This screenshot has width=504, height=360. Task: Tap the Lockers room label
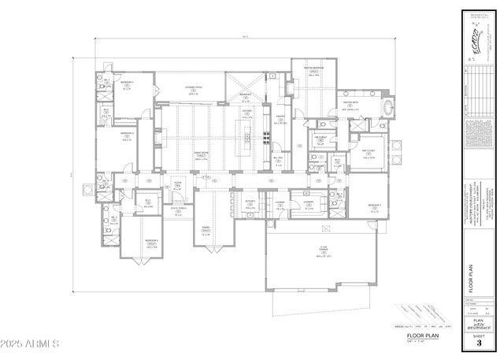pos(280,207)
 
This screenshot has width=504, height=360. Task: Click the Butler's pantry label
pos(250,207)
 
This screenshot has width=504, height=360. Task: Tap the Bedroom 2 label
pos(152,244)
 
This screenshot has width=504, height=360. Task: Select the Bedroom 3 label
pos(126,84)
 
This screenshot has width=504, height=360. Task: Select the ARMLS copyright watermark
pos(31,344)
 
